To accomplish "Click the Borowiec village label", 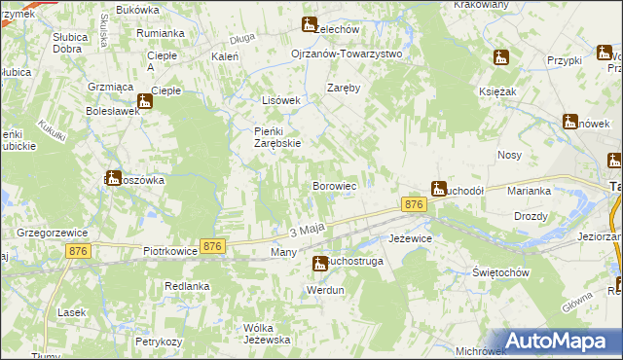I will [x=339, y=185].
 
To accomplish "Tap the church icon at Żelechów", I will [x=310, y=24].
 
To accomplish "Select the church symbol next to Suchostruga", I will [x=319, y=263].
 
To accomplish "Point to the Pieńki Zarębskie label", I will [x=264, y=136].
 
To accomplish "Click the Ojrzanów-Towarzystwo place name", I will [x=347, y=54].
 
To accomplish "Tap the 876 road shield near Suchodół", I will [x=414, y=203].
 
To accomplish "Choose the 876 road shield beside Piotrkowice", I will [x=213, y=247].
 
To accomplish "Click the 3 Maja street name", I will [x=305, y=231].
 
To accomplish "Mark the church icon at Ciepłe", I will [x=145, y=100].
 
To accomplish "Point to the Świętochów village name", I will [x=500, y=272].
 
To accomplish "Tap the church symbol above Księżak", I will [x=500, y=58].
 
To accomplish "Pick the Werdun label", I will [x=325, y=291].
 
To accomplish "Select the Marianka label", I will [x=530, y=191].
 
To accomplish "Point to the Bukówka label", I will [x=136, y=10].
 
